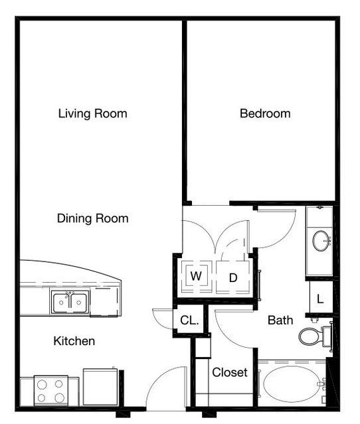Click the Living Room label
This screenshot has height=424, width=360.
click(x=92, y=113)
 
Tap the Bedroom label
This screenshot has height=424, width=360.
click(x=265, y=113)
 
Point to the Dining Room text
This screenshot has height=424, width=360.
click(x=92, y=218)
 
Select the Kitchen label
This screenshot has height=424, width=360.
click(x=74, y=341)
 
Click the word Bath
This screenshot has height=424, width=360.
click(x=280, y=320)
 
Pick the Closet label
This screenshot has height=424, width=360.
click(x=230, y=372)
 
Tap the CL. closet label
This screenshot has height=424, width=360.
click(x=189, y=320)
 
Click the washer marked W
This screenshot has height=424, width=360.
click(x=196, y=276)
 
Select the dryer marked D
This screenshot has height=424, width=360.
click(x=232, y=277)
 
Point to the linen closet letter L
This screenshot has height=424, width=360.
click(x=320, y=299)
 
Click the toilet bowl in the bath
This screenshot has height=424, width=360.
click(x=310, y=336)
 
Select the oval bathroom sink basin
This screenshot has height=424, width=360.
click(x=321, y=241)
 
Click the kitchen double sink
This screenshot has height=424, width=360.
click(x=70, y=303)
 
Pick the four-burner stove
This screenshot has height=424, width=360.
click(x=51, y=390)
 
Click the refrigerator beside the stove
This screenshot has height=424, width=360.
click(x=100, y=387)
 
